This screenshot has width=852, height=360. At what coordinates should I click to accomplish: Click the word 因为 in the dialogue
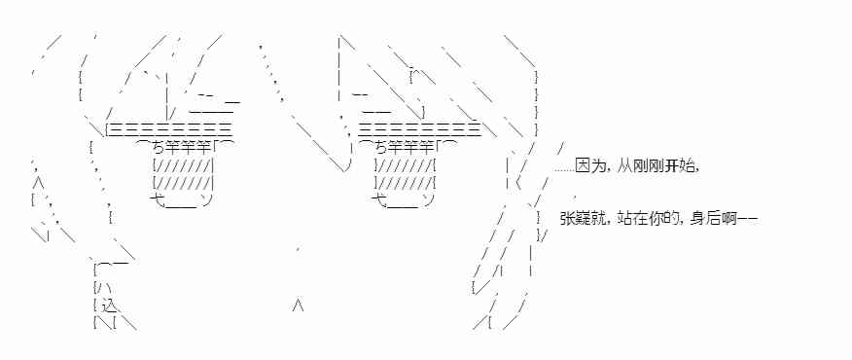coord(588,165)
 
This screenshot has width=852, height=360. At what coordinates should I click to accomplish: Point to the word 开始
coord(678,165)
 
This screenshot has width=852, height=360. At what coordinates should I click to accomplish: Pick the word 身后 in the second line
coord(702,220)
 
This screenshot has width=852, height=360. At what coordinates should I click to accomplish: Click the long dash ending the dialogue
coord(747,220)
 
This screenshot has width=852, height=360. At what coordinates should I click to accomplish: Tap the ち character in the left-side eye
coord(158,147)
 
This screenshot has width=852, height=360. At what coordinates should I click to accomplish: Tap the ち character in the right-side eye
coord(379,147)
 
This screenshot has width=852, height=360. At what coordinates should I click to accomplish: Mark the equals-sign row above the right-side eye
coord(419,128)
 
